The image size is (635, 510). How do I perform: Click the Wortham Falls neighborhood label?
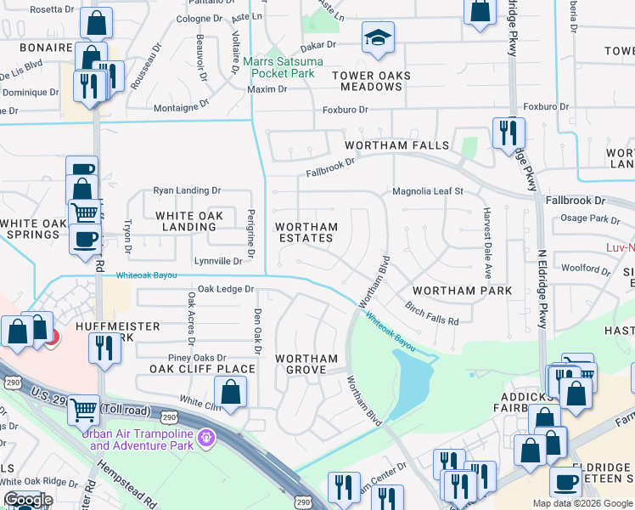pyautogui.click(x=396, y=145)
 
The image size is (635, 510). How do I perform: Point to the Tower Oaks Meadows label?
pyautogui.click(x=371, y=82)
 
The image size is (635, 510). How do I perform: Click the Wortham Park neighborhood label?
pyautogui.click(x=462, y=291)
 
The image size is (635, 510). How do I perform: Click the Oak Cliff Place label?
pyautogui.click(x=202, y=369)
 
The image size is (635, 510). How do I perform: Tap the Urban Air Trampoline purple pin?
pyautogui.click(x=205, y=439)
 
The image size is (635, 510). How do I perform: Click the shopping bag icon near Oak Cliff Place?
pyautogui.click(x=230, y=392)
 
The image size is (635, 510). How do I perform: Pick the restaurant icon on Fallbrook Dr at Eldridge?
pyautogui.click(x=509, y=132)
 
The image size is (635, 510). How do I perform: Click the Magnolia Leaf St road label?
pyautogui.click(x=427, y=191)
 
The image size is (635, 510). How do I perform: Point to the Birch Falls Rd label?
pyautogui.click(x=431, y=314)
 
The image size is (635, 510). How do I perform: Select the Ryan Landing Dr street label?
pyautogui.click(x=187, y=191)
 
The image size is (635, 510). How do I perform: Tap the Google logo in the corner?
pyautogui.click(x=28, y=500)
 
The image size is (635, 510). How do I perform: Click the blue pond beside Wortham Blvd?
pyautogui.click(x=410, y=377)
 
